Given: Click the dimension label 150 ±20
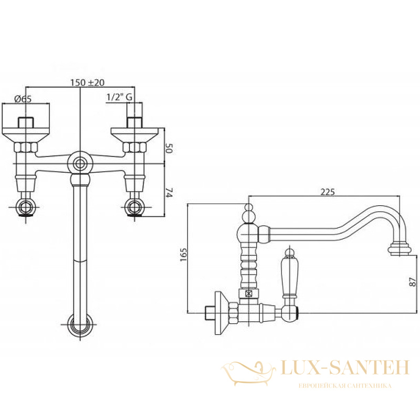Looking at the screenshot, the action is [x=87, y=82].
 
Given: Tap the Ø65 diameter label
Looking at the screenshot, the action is [x=23, y=99].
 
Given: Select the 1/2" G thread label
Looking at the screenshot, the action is [x=120, y=97].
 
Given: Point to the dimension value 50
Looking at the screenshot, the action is [x=169, y=148].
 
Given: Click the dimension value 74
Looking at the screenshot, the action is [x=169, y=193].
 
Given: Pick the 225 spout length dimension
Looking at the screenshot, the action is [x=328, y=192].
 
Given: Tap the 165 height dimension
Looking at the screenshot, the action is [x=184, y=255].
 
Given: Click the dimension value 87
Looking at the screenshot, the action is [x=413, y=281].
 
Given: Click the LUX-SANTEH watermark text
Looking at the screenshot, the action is [x=345, y=367].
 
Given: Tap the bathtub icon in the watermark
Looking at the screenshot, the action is [x=248, y=373].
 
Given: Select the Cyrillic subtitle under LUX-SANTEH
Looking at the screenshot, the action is [x=345, y=386].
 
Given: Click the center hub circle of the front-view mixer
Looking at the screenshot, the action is [x=80, y=164].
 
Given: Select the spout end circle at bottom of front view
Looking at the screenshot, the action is [x=80, y=324].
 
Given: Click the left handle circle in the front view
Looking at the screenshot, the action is [x=26, y=207].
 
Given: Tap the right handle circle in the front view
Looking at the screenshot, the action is [x=135, y=207].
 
